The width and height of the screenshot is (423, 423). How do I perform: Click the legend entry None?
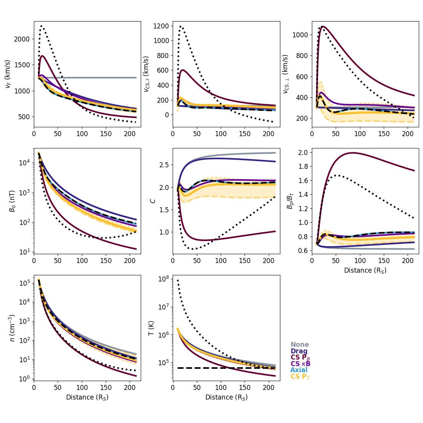tap(300, 345)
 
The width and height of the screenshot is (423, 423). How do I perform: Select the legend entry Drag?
tap(299, 351)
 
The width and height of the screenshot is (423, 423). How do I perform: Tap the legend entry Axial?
tap(299, 370)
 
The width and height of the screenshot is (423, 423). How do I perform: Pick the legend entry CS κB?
tap(300, 364)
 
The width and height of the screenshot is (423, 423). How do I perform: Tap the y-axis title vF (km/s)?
tap(8, 74)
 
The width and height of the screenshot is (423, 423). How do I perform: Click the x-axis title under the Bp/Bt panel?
tap(365, 270)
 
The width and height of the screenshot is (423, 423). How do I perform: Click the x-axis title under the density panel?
tap(87, 397)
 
